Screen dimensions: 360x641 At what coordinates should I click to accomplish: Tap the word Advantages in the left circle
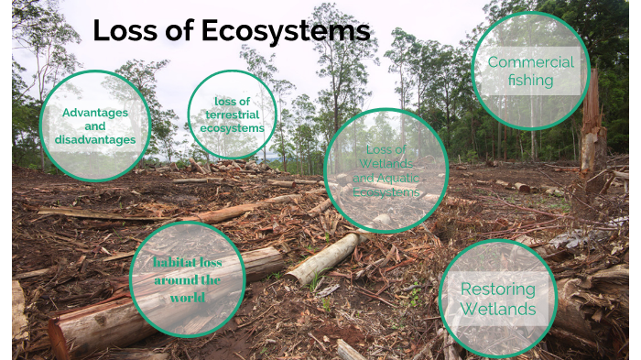point(95,113)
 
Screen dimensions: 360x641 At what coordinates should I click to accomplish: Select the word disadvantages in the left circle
point(95,139)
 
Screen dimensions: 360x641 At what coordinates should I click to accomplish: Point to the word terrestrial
point(232,115)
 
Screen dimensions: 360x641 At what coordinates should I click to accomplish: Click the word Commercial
point(531,62)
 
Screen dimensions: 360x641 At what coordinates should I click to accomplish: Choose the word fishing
point(531,81)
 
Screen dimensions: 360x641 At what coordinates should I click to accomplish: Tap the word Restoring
point(498,289)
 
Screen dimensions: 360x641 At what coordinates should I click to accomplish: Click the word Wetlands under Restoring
point(498,309)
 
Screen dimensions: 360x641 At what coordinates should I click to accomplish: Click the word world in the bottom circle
point(188,298)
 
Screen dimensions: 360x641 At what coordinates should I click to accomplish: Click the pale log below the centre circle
point(320,258)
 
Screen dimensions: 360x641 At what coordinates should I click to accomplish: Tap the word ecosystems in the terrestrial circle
point(232,128)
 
